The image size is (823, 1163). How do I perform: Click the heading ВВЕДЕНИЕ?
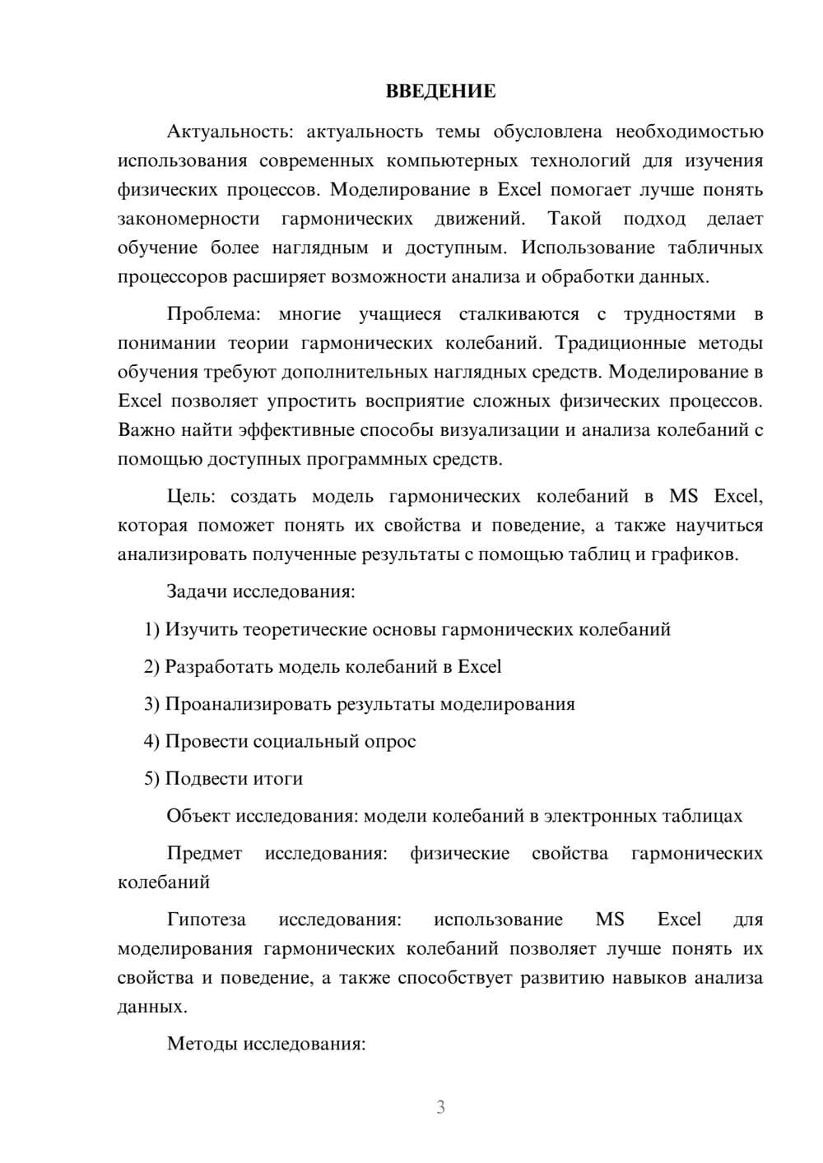440,91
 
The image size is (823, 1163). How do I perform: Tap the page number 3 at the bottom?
440,1107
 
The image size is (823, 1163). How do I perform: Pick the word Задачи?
198,591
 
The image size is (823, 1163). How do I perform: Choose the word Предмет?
204,853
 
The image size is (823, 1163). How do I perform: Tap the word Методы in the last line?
200,1044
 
